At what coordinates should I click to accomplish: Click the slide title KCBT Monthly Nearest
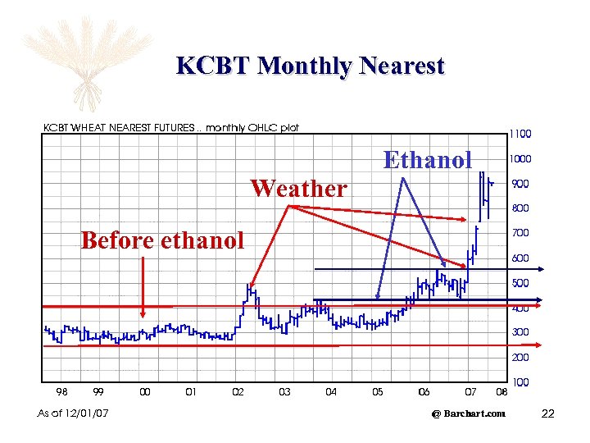pyautogui.click(x=310, y=66)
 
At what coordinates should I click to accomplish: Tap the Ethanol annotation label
pyautogui.click(x=428, y=159)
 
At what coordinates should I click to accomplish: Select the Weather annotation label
pyautogui.click(x=299, y=189)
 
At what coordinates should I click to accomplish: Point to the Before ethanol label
pyautogui.click(x=162, y=240)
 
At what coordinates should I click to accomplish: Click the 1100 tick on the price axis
pyautogui.click(x=520, y=134)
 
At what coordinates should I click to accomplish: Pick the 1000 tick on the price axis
pyautogui.click(x=520, y=159)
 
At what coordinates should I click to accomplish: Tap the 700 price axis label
pyautogui.click(x=520, y=233)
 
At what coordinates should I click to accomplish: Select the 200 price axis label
pyautogui.click(x=520, y=358)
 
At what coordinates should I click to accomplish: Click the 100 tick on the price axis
pyautogui.click(x=520, y=382)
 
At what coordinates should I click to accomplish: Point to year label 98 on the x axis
pyautogui.click(x=61, y=392)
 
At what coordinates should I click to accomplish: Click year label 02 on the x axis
pyautogui.click(x=238, y=392)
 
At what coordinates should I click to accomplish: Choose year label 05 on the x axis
pyautogui.click(x=377, y=392)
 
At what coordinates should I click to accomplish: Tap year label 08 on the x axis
pyautogui.click(x=501, y=392)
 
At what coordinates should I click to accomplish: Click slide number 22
pyautogui.click(x=548, y=413)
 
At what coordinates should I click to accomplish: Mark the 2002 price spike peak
pyautogui.click(x=248, y=285)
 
